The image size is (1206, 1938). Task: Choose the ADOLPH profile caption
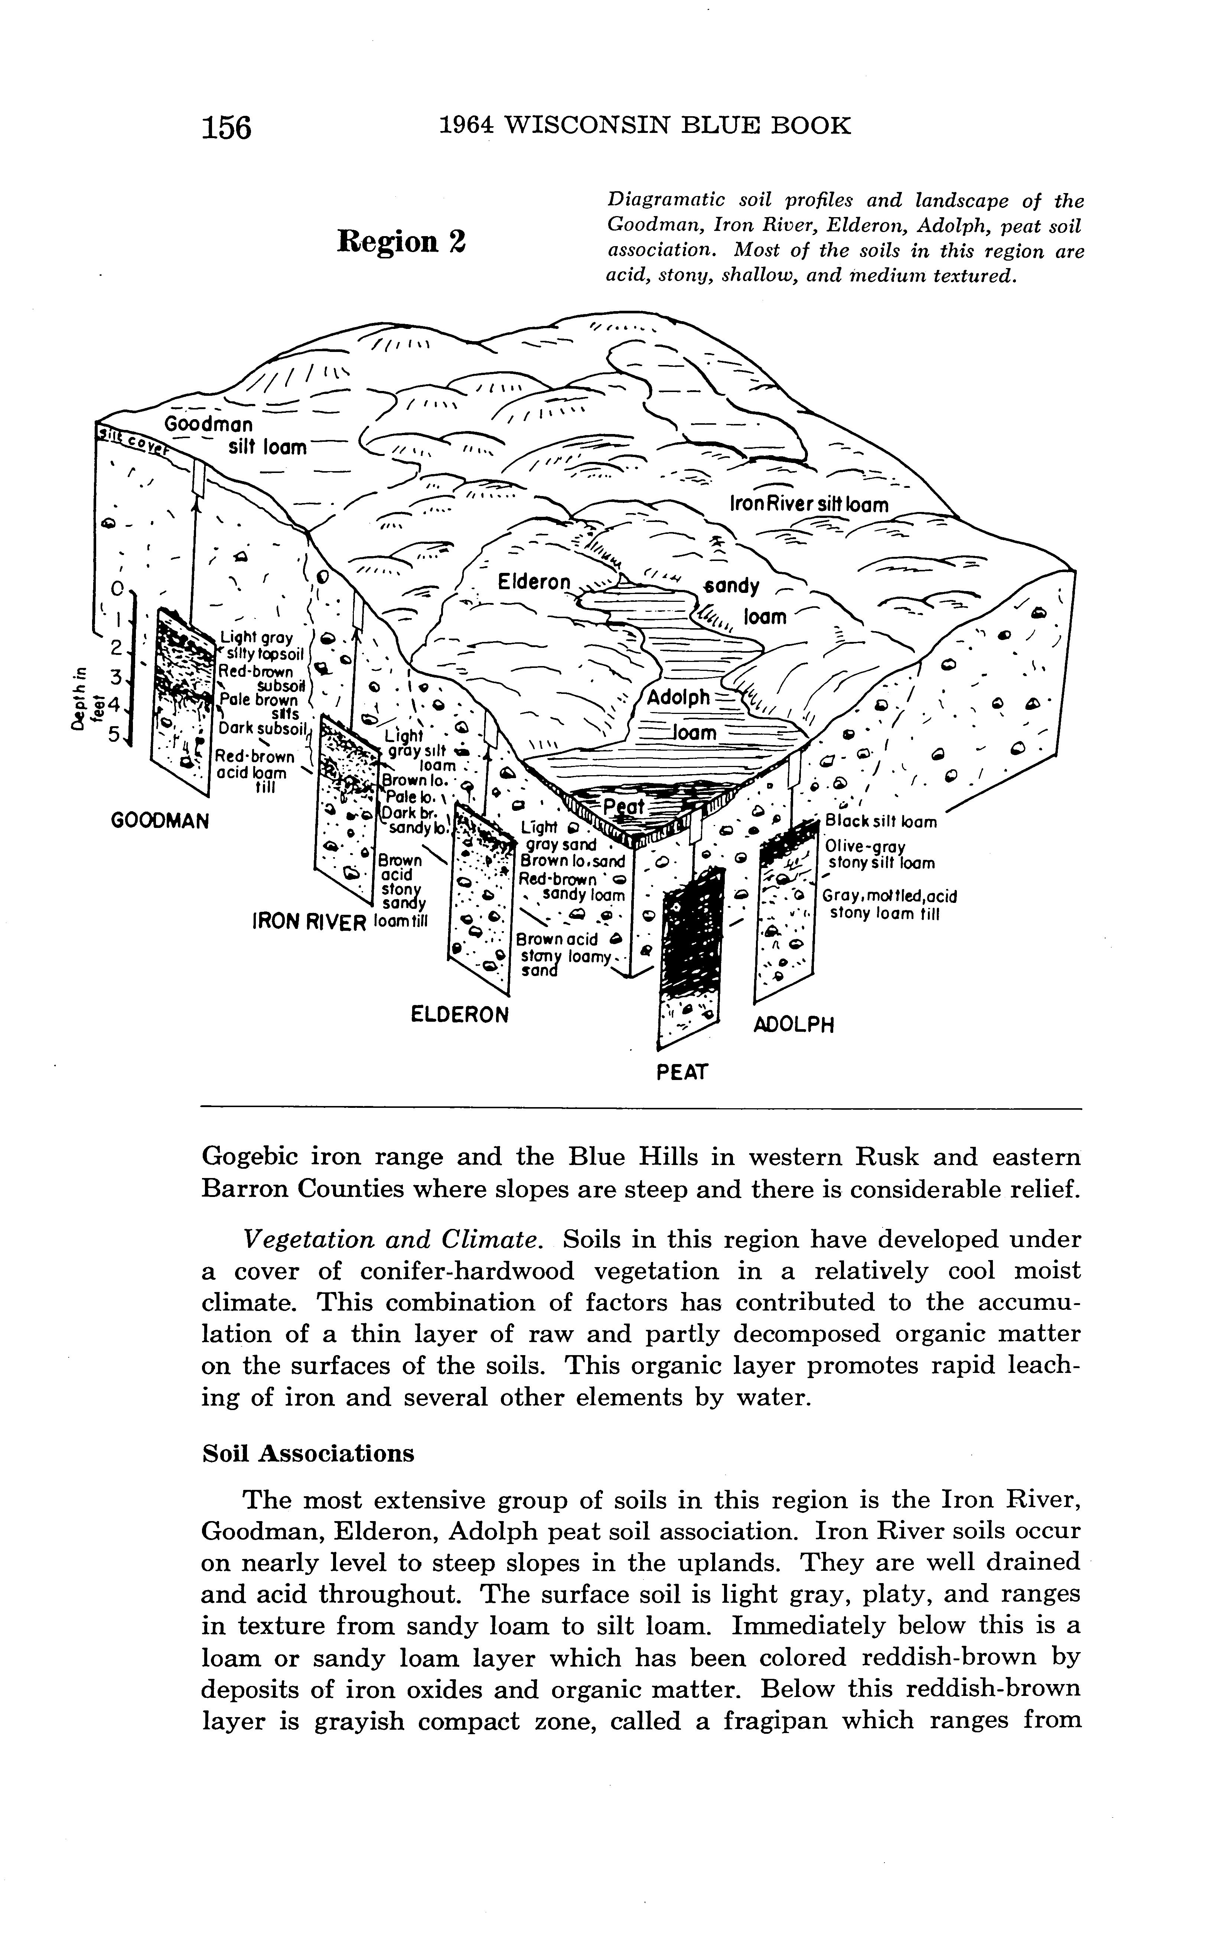pos(793,1024)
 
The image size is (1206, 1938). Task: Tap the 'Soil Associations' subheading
pos(308,1453)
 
